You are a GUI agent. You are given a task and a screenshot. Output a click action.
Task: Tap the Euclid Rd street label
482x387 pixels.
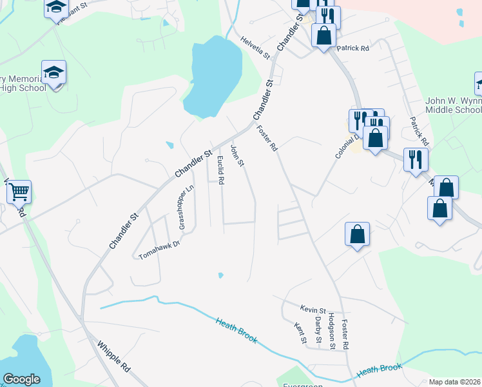pos(220,170)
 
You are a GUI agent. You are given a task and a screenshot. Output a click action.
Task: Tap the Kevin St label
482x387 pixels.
pos(313,309)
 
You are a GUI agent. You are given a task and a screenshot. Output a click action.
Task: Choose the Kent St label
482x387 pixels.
pos(298,333)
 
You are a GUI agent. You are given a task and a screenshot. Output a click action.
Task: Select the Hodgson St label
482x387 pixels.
pos(331,331)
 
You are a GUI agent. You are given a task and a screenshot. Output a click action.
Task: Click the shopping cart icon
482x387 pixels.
pos(19,192)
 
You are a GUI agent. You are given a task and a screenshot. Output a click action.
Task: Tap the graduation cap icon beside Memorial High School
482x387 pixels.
pos(54,73)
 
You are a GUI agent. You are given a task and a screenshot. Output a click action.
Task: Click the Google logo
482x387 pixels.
pos(21,379)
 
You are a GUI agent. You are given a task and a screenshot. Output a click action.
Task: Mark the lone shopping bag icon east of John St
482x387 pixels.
pos(357,235)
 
